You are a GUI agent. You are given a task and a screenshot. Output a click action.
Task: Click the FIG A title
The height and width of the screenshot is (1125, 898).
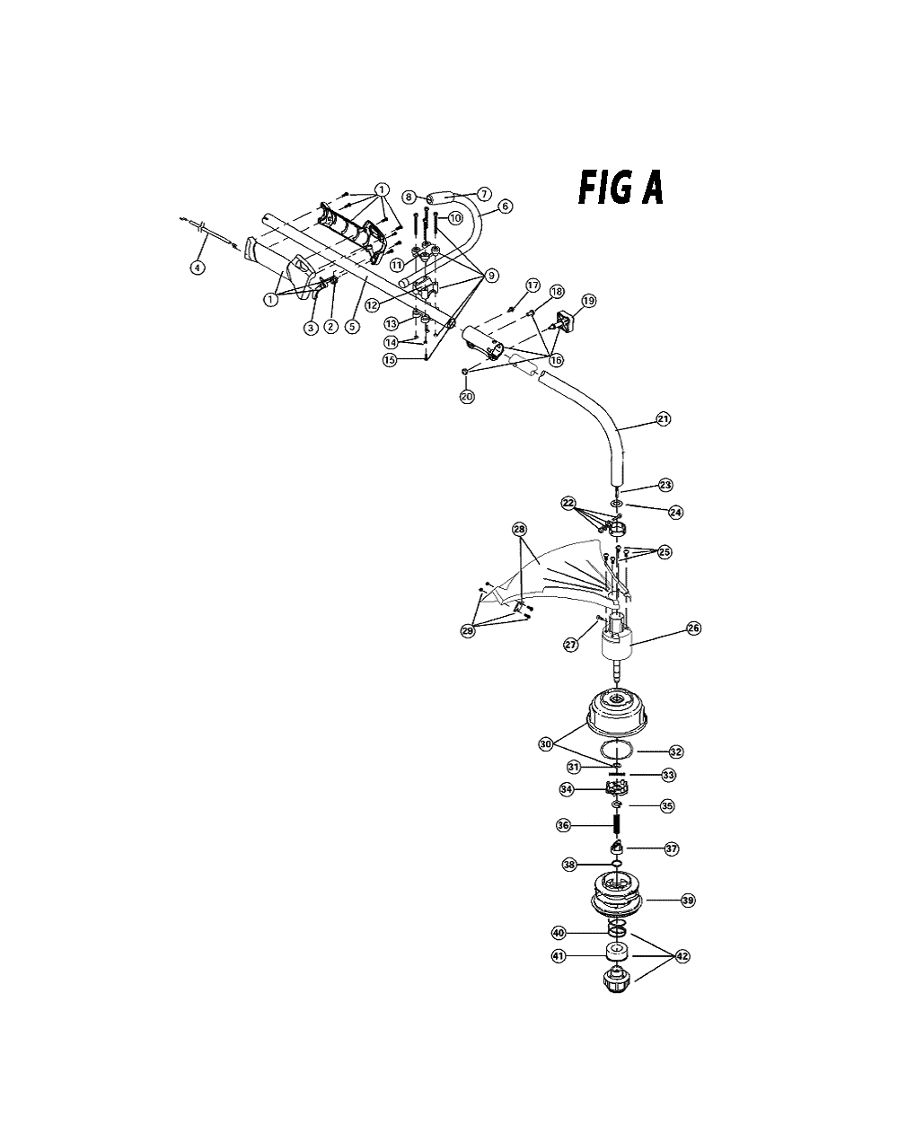pos(621,189)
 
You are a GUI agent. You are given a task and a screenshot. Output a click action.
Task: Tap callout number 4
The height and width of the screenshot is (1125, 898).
pos(198,268)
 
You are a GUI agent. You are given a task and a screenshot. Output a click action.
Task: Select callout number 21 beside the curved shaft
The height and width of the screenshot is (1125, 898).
pos(663,418)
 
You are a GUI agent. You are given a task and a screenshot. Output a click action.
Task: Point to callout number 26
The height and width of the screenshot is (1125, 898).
pos(693,628)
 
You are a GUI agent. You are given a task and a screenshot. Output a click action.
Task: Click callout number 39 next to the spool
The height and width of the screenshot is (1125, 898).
pos(688,901)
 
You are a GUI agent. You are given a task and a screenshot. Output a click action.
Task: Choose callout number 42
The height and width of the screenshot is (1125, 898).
pos(682,956)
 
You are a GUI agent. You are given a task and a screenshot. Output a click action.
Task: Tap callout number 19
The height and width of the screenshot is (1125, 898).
pos(589,301)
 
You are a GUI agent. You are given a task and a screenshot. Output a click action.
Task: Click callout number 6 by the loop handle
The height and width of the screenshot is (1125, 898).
pos(505,206)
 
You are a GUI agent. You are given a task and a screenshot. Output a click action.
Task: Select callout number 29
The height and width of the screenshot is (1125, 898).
pos(467,631)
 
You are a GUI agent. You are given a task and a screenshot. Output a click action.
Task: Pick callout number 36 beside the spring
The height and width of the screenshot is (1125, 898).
pos(563,825)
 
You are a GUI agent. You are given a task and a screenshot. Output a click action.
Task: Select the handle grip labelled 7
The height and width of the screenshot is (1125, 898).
pos(442,199)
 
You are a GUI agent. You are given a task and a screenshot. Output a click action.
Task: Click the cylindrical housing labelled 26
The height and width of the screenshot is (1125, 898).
pos(617,643)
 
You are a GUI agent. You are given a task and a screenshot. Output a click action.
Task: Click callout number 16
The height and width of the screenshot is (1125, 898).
pos(556,360)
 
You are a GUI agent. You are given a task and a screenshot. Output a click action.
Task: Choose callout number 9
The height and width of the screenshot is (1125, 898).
pos(490,276)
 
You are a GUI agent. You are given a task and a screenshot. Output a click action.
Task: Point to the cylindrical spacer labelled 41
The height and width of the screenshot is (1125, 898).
pos(617,952)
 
